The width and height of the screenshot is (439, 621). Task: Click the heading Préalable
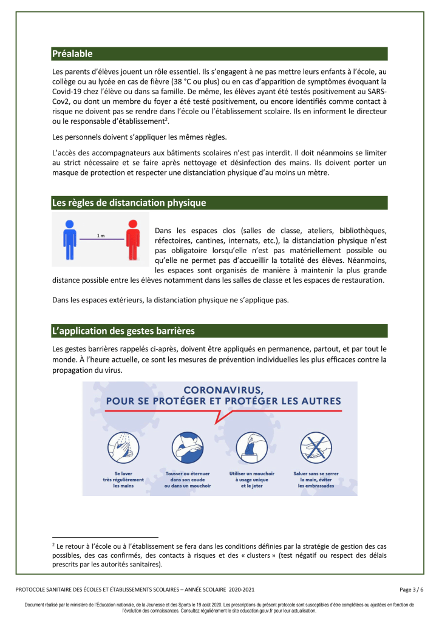coord(72,53)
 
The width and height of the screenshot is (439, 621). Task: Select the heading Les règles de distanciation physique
coord(129,203)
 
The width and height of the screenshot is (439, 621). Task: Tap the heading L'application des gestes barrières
coord(123,331)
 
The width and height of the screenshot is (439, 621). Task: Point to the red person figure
coord(132,237)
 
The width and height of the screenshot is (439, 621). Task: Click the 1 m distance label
coord(101,236)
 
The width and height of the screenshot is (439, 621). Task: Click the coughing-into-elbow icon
coord(188,449)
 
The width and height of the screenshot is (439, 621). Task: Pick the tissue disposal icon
coord(251,449)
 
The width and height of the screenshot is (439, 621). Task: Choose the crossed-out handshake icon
coord(316,449)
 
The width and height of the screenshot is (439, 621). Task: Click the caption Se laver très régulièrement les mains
coord(124,480)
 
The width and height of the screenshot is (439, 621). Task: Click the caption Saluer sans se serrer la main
coord(316,480)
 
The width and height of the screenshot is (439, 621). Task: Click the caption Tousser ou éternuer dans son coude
coord(188,480)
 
